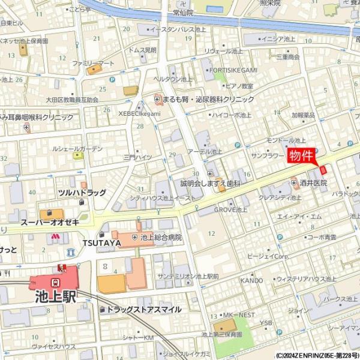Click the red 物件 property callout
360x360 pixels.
click(302, 156)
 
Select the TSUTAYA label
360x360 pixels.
click(102, 242)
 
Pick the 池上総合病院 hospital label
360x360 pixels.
click(161, 238)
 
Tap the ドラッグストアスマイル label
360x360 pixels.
click(143, 309)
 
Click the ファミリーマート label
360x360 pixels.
click(93, 62)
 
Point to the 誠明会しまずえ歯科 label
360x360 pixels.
click(210, 182)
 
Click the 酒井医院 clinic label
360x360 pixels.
click(316, 183)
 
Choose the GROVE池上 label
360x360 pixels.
click(231, 210)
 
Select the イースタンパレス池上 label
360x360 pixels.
click(179, 29)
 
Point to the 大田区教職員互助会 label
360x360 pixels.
click(72, 100)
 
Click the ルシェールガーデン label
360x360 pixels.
click(77, 148)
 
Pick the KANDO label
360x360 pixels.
click(251, 280)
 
